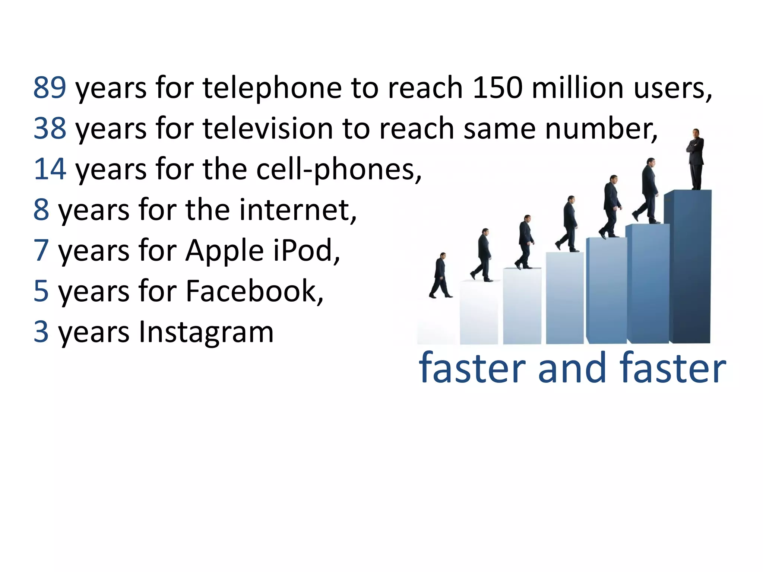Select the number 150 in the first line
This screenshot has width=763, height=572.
click(497, 88)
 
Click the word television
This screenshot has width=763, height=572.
click(267, 128)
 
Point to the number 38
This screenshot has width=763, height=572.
click(50, 128)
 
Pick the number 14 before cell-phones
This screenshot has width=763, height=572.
click(50, 169)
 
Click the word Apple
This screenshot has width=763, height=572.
click(225, 251)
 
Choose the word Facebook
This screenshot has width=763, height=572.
click(254, 291)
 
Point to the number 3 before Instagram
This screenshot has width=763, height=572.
click(41, 331)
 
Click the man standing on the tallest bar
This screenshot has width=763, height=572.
click(695, 159)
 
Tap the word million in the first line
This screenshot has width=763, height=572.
click(578, 88)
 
